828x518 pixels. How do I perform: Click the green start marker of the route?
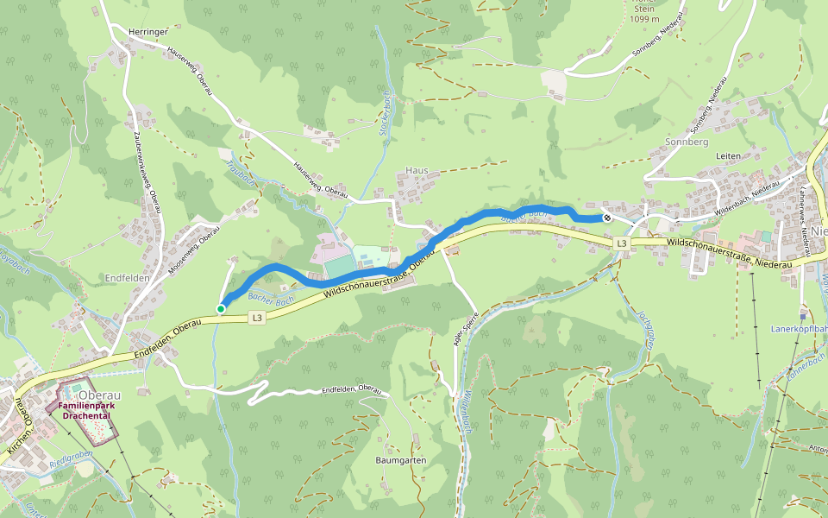(221, 309)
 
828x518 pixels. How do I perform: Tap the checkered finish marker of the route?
(607, 218)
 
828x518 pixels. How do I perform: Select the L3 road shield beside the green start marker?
(256, 319)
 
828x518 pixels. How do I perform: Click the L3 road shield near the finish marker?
(622, 245)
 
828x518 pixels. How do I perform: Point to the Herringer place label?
(147, 32)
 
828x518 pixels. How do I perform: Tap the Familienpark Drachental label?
(84, 410)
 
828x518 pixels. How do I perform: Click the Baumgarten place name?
(400, 461)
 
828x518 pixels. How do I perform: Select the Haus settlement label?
(417, 171)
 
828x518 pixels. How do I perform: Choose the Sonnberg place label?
(687, 141)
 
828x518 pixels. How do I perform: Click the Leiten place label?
(729, 155)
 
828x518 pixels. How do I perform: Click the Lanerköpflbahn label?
(799, 329)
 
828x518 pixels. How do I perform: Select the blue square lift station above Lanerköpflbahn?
(803, 316)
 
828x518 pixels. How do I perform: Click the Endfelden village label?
(127, 278)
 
